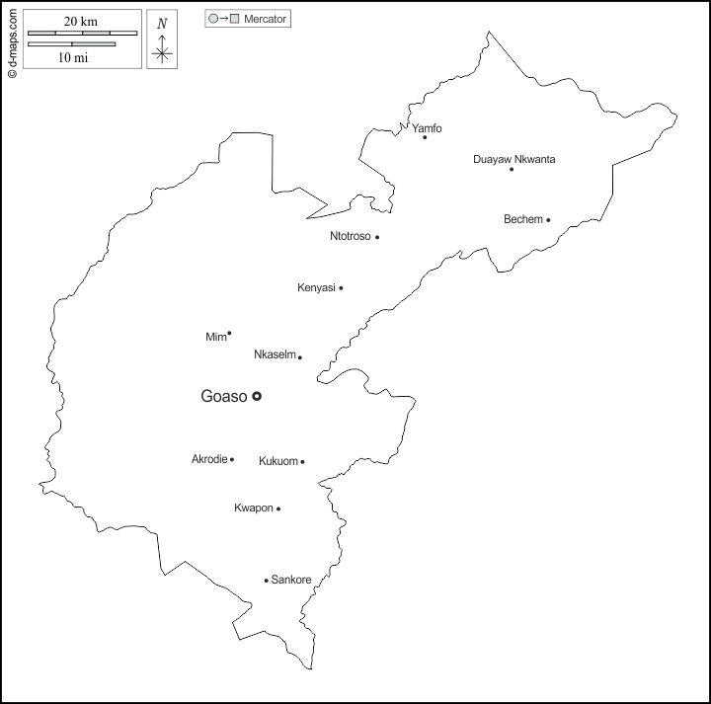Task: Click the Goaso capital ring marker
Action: (257, 396)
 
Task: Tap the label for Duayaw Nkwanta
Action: (513, 159)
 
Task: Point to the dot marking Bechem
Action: (548, 220)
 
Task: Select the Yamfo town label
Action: (427, 127)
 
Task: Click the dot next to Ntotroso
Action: (377, 237)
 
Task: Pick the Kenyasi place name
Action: (317, 288)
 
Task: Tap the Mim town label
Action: (215, 338)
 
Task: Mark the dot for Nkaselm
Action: (300, 357)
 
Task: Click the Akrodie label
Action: (208, 459)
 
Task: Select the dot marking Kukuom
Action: (302, 462)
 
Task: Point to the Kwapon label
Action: (253, 508)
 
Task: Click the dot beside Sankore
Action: (266, 581)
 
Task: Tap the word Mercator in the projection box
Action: (266, 19)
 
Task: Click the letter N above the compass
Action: (162, 24)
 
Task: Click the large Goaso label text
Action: (223, 397)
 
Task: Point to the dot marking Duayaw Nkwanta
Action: (512, 170)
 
